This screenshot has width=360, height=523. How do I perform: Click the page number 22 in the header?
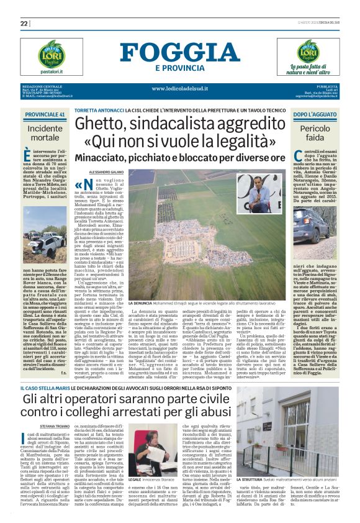[24, 24]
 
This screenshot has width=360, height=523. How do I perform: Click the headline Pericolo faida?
[315, 132]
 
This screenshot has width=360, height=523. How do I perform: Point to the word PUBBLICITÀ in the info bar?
[326, 86]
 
